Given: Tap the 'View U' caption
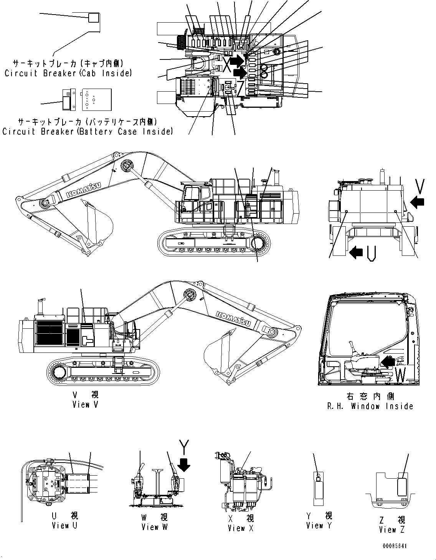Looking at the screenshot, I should (x=64, y=525).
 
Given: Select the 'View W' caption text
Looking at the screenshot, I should (x=154, y=527).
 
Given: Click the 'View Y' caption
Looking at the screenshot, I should (x=319, y=525).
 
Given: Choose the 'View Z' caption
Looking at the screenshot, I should (x=392, y=530).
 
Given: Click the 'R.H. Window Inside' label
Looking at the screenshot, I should (x=370, y=406).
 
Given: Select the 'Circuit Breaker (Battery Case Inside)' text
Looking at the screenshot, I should (x=87, y=132).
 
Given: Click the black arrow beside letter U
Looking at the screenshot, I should (x=356, y=252).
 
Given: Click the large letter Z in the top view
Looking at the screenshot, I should (x=241, y=88).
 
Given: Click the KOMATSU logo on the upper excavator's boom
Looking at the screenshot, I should (x=83, y=190).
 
